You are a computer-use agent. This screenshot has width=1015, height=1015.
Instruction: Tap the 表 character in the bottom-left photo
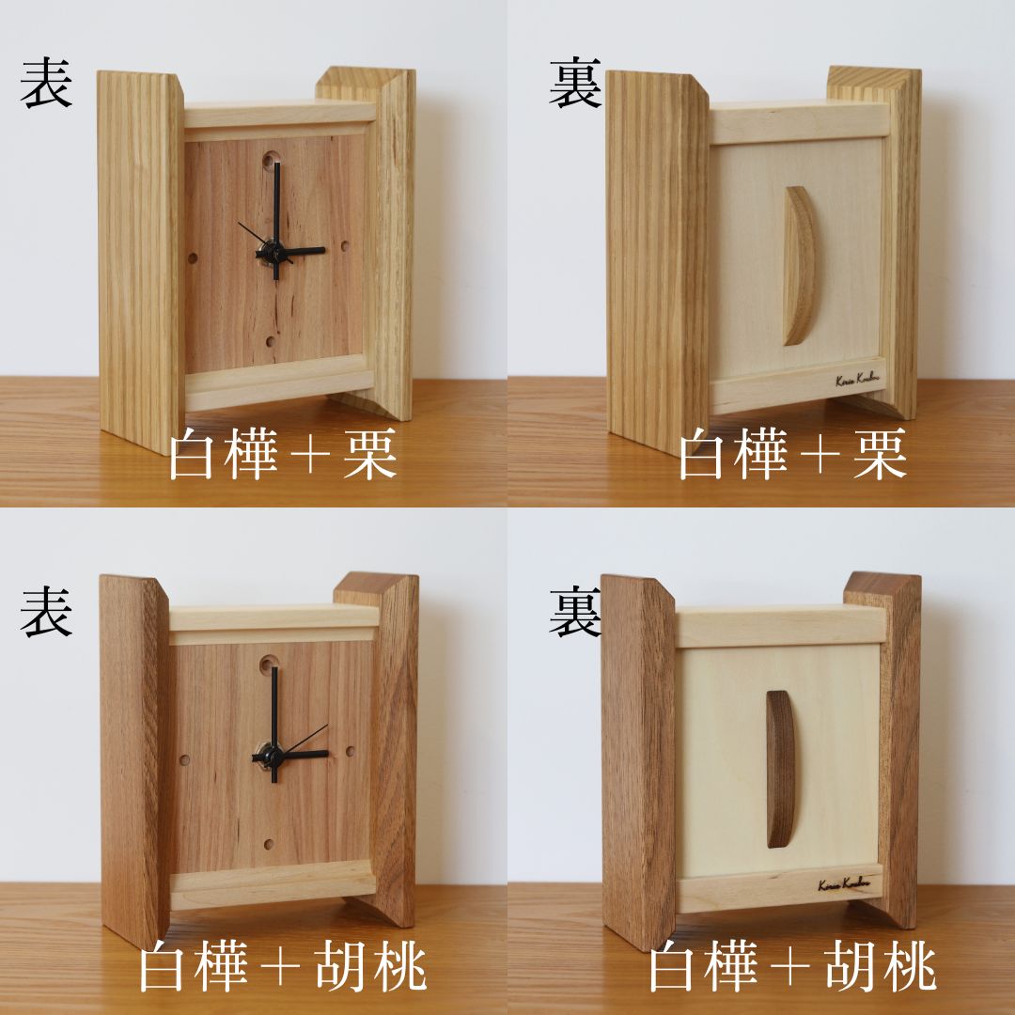pyautogui.click(x=46, y=612)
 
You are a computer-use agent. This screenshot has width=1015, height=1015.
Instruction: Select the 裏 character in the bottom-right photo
pyautogui.click(x=575, y=612)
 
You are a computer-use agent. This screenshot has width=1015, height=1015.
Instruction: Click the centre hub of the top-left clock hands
pyautogui.click(x=275, y=251)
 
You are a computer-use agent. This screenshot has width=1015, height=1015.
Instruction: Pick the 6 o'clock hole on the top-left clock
pyautogui.click(x=271, y=343)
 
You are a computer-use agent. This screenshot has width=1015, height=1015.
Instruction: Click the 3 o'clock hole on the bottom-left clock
pyautogui.click(x=350, y=753)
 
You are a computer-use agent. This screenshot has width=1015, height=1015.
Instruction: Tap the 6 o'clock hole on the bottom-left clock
pyautogui.click(x=269, y=844)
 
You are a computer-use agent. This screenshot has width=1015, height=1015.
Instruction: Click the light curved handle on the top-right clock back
pyautogui.click(x=799, y=265)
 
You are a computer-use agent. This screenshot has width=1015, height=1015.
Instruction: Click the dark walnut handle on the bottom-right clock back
pyautogui.click(x=780, y=769)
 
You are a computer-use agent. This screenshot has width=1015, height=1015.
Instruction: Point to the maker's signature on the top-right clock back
pyautogui.click(x=857, y=380)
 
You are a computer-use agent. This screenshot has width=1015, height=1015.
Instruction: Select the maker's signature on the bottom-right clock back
pyautogui.click(x=843, y=884)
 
